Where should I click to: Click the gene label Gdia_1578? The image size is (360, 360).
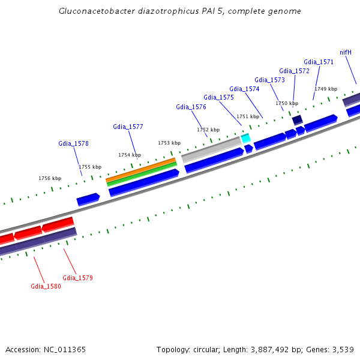point(73,143)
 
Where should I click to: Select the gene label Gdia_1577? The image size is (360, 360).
point(128,127)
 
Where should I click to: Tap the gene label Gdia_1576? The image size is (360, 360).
point(191,107)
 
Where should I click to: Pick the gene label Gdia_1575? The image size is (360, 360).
point(218,97)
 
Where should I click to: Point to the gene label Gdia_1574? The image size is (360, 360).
point(244,89)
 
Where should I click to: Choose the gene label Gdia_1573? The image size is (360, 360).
point(269,80)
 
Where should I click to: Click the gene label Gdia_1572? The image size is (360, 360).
point(294,71)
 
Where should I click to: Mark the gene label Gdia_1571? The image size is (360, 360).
point(319,62)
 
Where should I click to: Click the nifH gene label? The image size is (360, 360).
point(346,52)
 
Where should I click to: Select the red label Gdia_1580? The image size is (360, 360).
point(46,286)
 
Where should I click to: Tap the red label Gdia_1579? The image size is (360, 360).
point(77,278)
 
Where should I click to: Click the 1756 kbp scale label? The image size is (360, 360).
point(50,178)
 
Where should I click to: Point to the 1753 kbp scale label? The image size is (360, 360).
point(169,143)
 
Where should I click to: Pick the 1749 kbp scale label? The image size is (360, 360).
point(326,89)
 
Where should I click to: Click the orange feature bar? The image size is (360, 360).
point(140,169)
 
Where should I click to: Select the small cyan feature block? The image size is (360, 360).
point(245,138)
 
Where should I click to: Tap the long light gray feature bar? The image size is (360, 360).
point(211,149)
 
